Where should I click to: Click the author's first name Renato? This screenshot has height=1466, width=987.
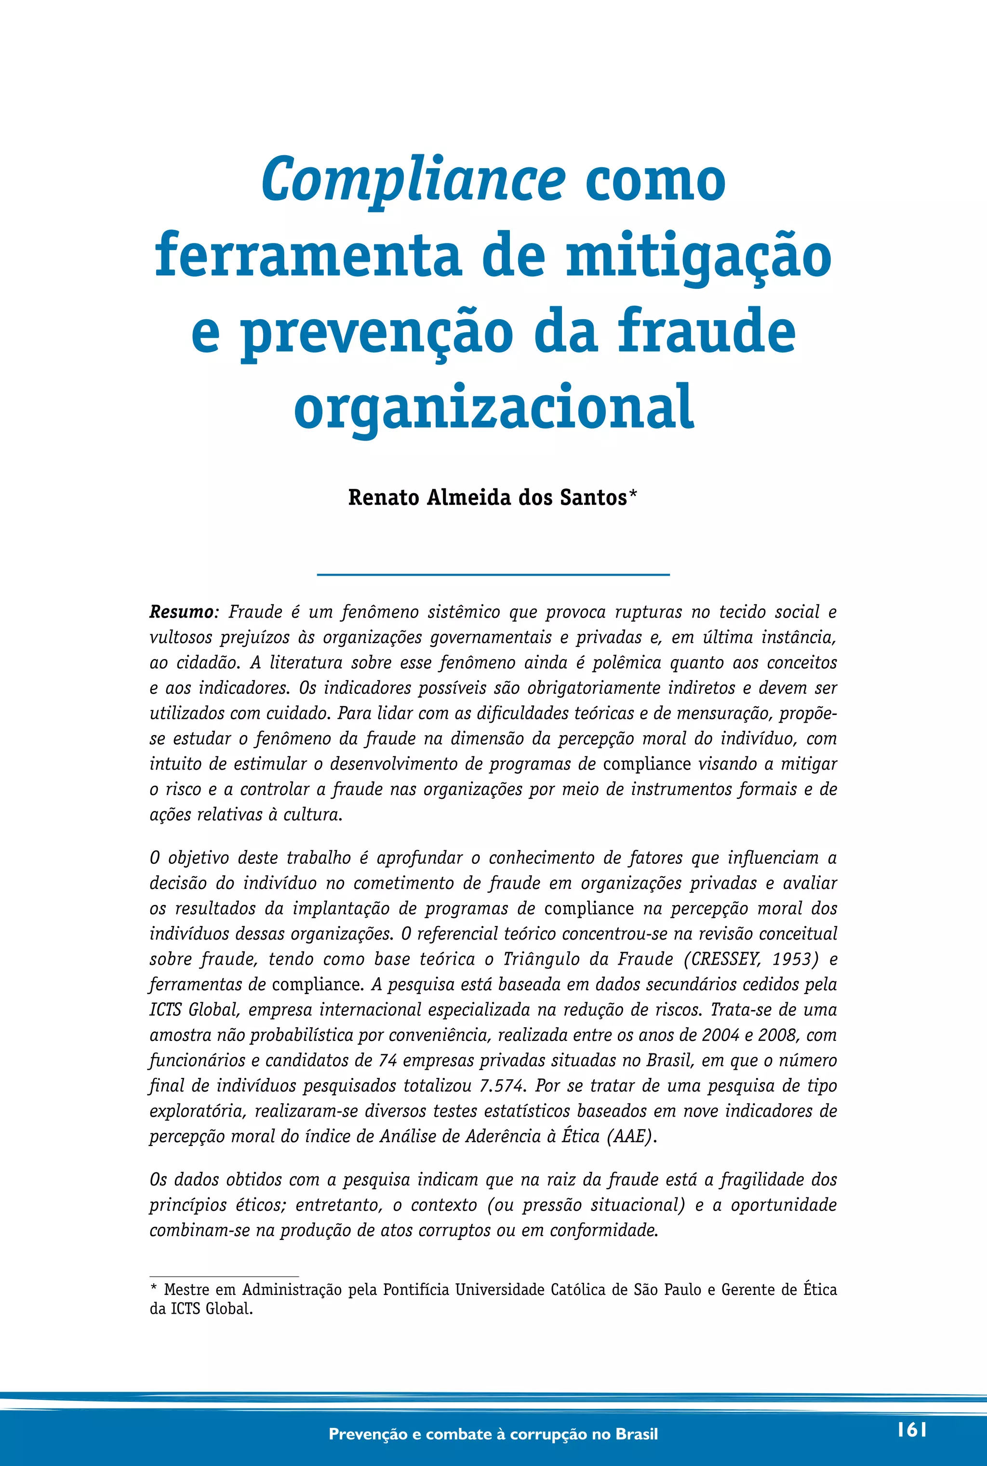[x=384, y=498]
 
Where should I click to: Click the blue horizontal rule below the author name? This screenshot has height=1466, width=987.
[x=493, y=574]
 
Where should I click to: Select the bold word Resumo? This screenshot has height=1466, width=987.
[x=181, y=612]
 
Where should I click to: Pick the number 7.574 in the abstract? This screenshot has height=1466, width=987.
[x=501, y=1085]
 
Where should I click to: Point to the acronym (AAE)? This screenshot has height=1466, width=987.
[x=631, y=1136]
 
